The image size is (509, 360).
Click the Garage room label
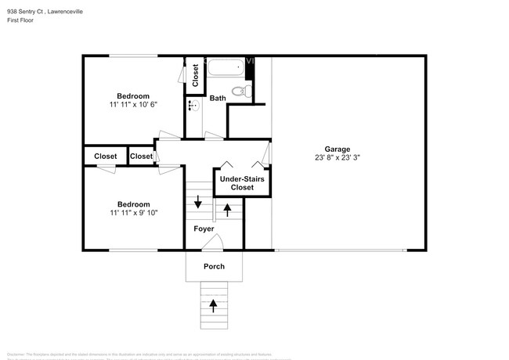[338, 149]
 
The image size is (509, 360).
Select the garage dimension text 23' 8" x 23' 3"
[338, 157]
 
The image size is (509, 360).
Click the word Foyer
[204, 229]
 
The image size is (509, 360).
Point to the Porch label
[214, 266]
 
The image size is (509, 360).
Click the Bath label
[218, 98]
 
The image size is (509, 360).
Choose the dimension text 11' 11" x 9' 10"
[134, 212]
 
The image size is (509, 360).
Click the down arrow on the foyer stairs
[198, 202]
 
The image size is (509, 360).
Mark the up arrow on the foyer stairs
[228, 209]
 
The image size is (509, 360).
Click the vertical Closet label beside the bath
[195, 75]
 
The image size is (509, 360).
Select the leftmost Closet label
[106, 157]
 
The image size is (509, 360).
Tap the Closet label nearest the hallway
[142, 157]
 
